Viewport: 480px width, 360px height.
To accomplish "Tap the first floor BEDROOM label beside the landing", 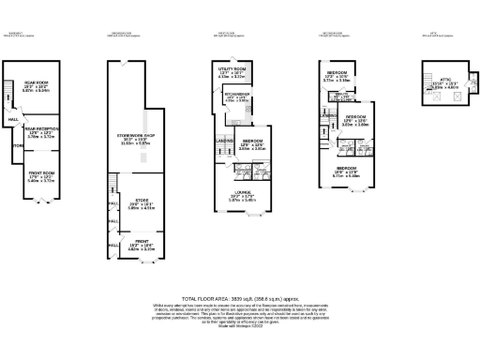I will pos(250,143).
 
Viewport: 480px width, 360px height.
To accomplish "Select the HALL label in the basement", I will pos(13,120).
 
